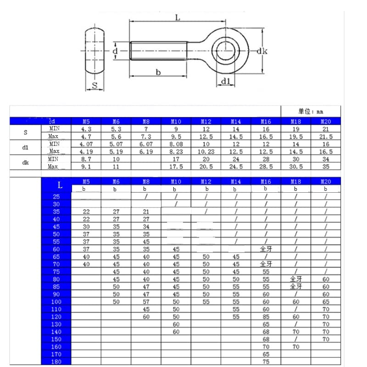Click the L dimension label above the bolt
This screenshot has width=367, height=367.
click(177, 17)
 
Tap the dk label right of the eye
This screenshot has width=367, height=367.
click(261, 51)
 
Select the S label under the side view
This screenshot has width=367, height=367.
click(95, 85)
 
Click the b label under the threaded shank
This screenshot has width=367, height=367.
click(158, 72)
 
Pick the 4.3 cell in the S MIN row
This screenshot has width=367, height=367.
click(86, 129)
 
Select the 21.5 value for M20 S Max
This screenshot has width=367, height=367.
click(326, 137)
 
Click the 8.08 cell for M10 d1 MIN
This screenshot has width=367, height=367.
click(176, 144)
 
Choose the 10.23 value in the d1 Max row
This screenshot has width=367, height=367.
click(206, 151)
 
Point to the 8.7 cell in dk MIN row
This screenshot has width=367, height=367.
click(86, 159)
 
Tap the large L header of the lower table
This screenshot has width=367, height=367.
click(60, 185)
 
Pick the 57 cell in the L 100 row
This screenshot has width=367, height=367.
click(146, 302)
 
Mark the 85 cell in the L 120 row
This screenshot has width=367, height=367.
click(266, 317)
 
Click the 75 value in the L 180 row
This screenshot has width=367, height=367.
click(266, 361)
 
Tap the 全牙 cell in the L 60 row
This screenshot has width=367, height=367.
click(266, 249)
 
